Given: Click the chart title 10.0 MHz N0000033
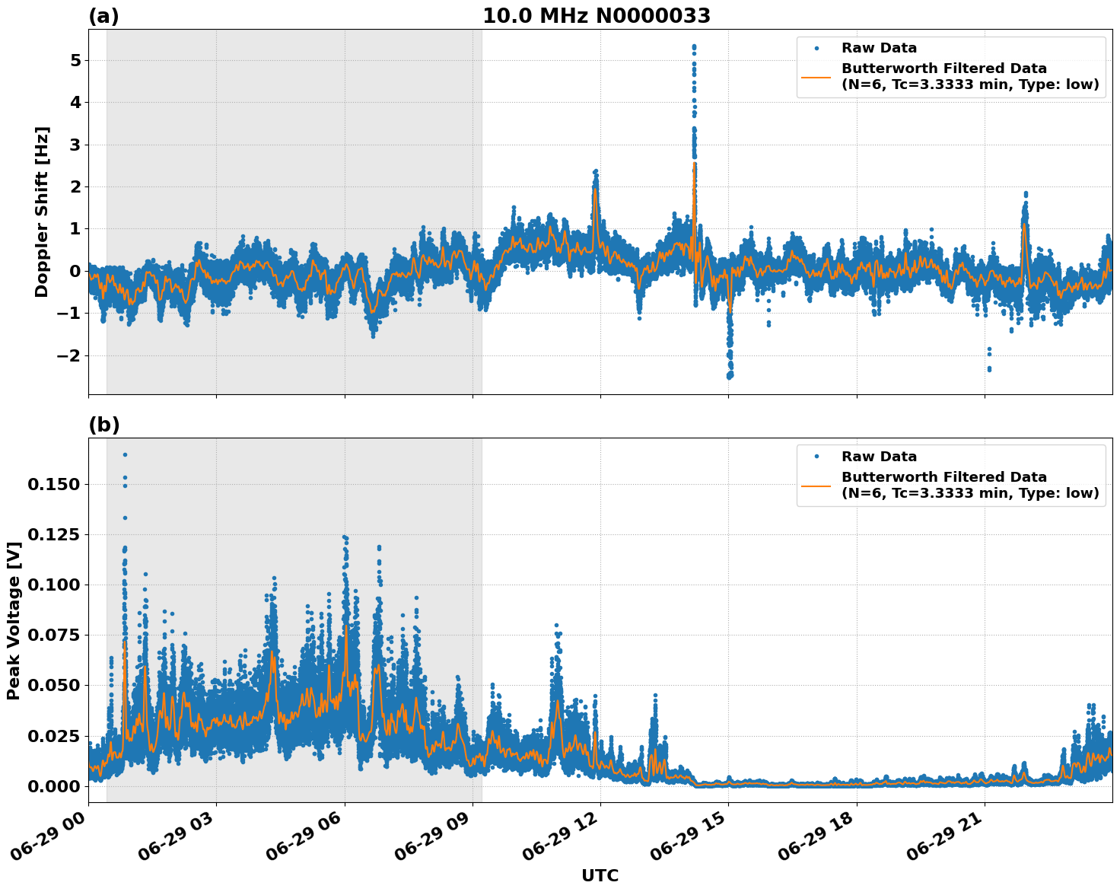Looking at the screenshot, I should click(596, 16).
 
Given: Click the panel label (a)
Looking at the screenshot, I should click(103, 16).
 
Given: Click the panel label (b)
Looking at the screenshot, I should click(103, 425).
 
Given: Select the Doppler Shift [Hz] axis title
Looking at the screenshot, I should click(42, 212).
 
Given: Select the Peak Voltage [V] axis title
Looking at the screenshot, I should click(14, 620).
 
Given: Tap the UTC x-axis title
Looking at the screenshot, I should click(600, 875).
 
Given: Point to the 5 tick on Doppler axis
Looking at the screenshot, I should click(75, 60).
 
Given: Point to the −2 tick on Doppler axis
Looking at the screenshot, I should click(69, 355).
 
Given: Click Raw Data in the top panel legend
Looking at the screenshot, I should click(879, 48).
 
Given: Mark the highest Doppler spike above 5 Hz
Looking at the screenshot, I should click(694, 46).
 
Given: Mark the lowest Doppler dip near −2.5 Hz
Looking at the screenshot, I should click(730, 376).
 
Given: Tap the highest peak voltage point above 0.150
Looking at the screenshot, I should click(125, 454).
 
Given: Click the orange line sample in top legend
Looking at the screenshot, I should click(816, 76).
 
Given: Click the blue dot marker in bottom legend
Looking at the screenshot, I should click(816, 457).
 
